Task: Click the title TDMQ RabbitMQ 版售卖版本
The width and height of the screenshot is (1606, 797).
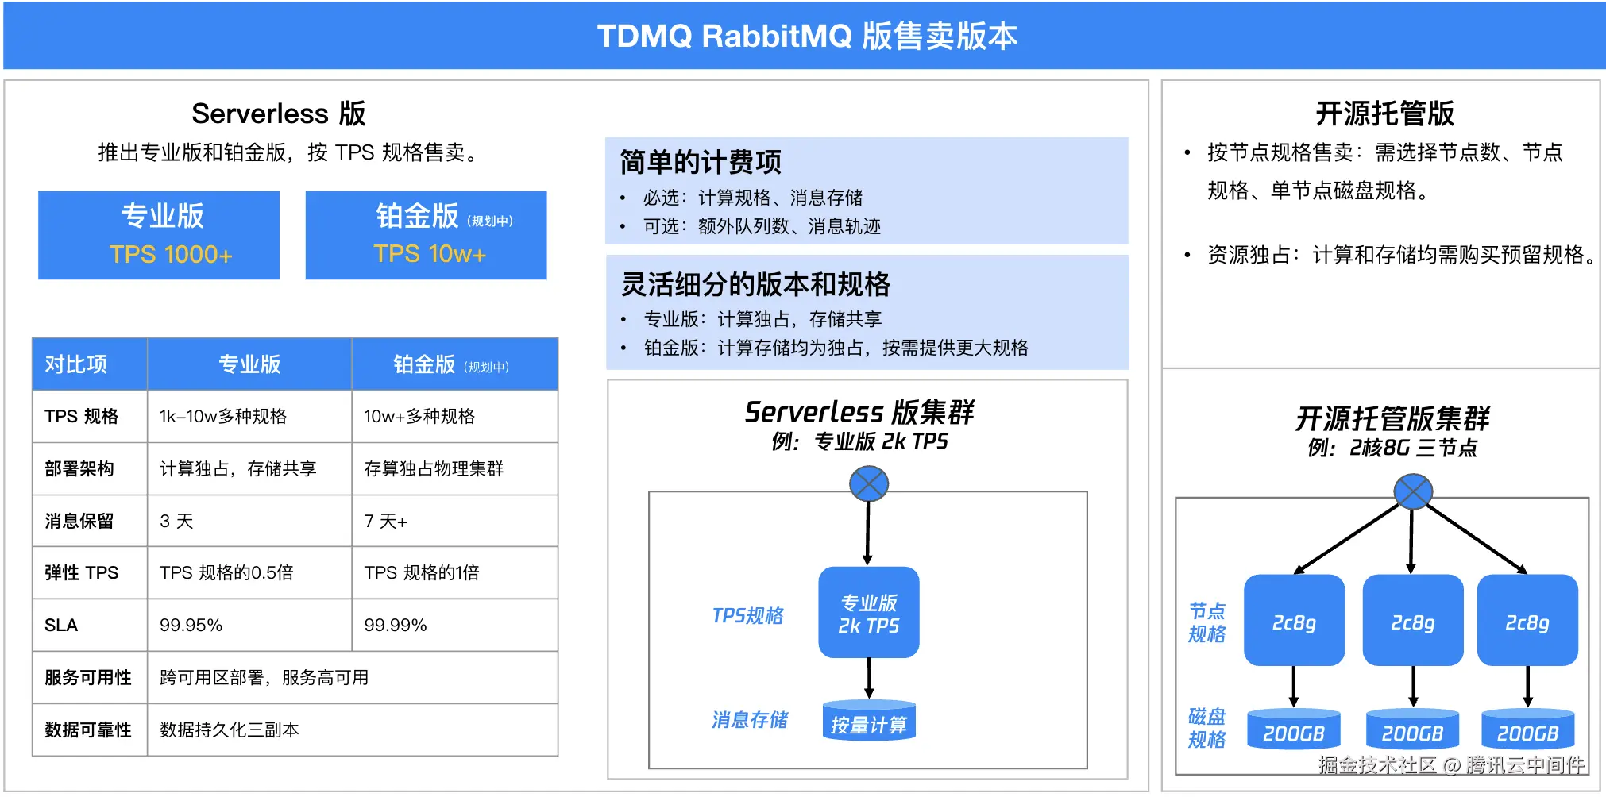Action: (x=807, y=37)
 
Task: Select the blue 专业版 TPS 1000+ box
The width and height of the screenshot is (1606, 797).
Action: (x=159, y=235)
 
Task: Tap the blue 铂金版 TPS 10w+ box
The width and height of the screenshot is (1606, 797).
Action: (x=426, y=235)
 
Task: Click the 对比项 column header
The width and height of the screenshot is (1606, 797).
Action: (x=76, y=364)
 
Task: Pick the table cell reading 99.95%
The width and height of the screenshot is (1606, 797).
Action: (x=191, y=626)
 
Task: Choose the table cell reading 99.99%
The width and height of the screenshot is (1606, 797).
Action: (x=396, y=626)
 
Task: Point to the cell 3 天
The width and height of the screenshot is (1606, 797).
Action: (x=176, y=521)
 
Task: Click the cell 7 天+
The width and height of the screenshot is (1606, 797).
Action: (x=385, y=521)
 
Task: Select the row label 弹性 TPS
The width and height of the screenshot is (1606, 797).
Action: (x=82, y=573)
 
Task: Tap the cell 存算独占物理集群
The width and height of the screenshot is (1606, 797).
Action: (x=434, y=468)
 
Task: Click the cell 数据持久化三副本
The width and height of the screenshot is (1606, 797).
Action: (x=229, y=730)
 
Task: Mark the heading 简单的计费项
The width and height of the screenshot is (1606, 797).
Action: (x=701, y=162)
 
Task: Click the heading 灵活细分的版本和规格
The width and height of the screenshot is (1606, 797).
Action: (x=755, y=284)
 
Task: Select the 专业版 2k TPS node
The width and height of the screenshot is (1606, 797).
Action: (x=869, y=612)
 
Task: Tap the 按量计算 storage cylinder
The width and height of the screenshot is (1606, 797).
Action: (x=869, y=720)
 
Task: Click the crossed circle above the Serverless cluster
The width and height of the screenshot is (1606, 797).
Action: (x=869, y=483)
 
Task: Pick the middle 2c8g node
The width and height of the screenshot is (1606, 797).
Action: (x=1413, y=620)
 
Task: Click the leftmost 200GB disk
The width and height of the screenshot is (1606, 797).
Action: (x=1294, y=729)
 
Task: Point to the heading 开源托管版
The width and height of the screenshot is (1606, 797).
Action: (x=1384, y=114)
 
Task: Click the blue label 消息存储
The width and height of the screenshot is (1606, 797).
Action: (x=750, y=720)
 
